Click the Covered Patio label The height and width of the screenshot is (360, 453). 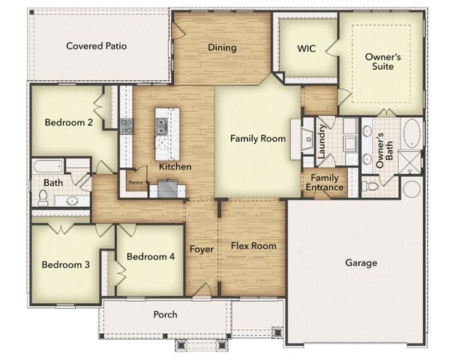96,46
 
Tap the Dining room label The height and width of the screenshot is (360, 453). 222,47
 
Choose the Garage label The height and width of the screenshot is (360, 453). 361,262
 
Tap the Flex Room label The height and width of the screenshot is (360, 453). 253,245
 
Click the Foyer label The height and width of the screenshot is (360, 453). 201,249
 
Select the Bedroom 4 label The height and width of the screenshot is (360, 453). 151,256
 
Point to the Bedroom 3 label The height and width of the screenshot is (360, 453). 65,265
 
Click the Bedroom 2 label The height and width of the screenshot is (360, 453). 68,123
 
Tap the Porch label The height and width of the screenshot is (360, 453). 165,314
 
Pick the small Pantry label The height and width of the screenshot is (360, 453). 136,181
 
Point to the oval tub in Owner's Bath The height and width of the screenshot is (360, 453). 412,136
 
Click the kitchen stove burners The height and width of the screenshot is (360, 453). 127,126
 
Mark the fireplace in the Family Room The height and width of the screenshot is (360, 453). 306,139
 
